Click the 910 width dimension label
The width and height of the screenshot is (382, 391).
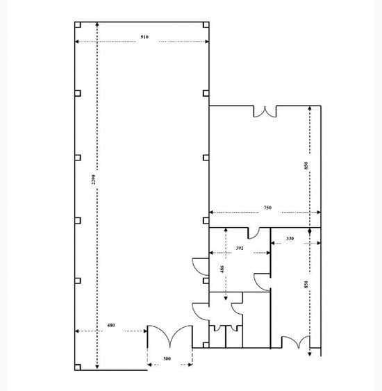click(x=144, y=36)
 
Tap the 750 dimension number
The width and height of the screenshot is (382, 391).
click(x=267, y=208)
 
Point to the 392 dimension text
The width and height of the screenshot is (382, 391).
click(x=239, y=248)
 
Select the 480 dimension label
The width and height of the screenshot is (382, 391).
click(x=110, y=326)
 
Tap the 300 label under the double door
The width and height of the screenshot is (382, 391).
click(x=166, y=360)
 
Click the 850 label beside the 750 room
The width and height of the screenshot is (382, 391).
click(x=306, y=167)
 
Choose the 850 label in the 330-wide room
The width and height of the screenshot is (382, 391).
click(x=306, y=285)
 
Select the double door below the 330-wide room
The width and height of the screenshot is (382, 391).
click(x=294, y=342)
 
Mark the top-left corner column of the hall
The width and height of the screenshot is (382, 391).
click(x=78, y=26)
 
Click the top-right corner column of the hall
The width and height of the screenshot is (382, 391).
click(x=206, y=26)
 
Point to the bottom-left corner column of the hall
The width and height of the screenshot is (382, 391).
click(x=78, y=366)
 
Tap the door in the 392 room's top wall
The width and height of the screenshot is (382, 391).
click(x=254, y=233)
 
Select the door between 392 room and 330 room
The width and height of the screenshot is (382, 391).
click(x=263, y=281)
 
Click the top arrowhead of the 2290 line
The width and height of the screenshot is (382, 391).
click(x=97, y=24)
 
